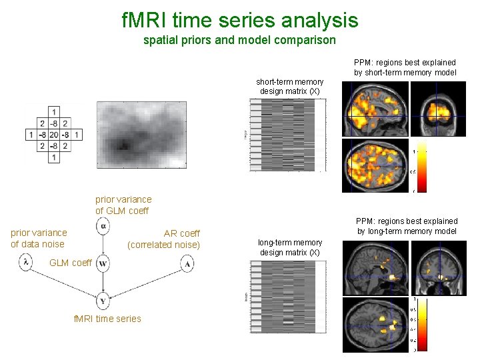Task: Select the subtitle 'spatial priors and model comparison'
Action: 240,40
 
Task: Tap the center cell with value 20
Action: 53,135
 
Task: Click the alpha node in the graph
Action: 103,227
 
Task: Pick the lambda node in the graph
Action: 25,263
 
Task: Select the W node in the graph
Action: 103,263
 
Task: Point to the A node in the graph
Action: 187,263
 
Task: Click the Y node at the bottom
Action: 103,301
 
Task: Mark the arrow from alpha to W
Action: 103,245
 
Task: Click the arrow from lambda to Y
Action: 63,281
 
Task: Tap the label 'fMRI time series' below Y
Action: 107,319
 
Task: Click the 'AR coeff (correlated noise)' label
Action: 163,239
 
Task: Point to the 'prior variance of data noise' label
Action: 39,238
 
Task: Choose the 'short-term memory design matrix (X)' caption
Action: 290,86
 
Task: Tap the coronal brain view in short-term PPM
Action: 437,109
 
